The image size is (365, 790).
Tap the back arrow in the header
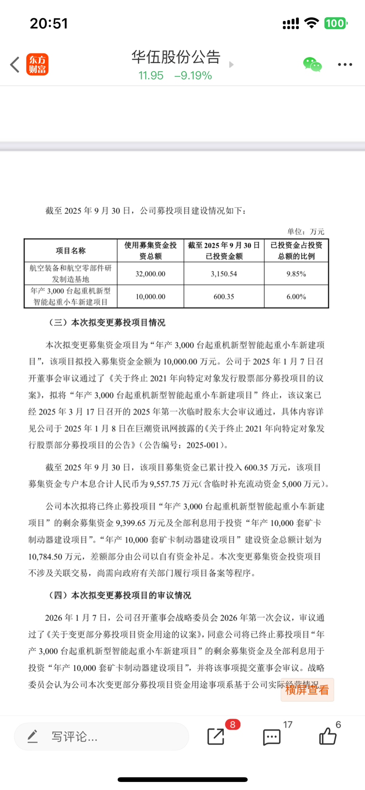click(x=15, y=65)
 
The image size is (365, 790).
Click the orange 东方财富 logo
click(x=37, y=65)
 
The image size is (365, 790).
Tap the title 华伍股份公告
click(x=176, y=57)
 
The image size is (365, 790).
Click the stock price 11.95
click(x=151, y=76)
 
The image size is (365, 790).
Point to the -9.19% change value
click(x=193, y=76)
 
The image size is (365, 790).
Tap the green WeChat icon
click(x=312, y=64)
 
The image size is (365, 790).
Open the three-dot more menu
click(x=345, y=65)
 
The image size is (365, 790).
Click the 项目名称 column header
click(x=71, y=250)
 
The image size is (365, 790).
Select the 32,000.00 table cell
click(x=151, y=274)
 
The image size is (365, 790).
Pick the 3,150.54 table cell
click(x=224, y=274)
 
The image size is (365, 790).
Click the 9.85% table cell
click(x=296, y=274)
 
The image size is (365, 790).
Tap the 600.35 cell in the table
click(x=224, y=296)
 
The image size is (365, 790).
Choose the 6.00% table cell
click(x=296, y=296)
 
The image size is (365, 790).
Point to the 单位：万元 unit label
click(x=306, y=231)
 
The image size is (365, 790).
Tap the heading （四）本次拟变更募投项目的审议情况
click(x=119, y=595)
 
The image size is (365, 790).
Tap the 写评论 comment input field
click(x=101, y=737)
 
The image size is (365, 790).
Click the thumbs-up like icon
click(x=327, y=736)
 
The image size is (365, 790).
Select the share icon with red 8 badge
click(x=216, y=736)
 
